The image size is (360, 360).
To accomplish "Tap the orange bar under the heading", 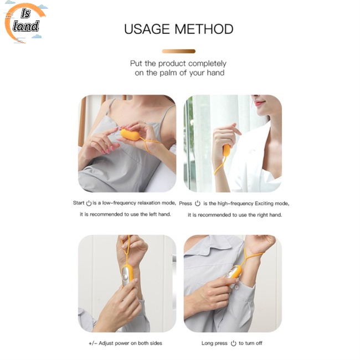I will point(178,51).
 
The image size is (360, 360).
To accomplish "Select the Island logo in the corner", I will point(25,23).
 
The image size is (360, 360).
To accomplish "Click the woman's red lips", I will point(259,102).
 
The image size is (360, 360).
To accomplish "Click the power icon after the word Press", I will point(198,203).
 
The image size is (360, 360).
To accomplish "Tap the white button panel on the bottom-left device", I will point(126,274).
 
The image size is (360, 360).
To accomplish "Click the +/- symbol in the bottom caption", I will point(92,343).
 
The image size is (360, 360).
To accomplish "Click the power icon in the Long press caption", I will point(234,343).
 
